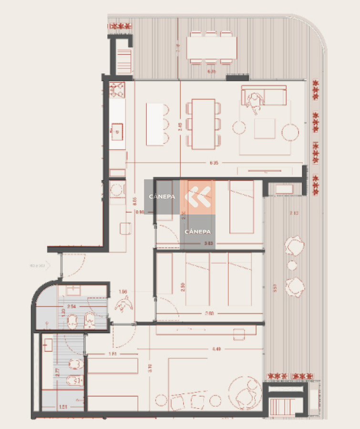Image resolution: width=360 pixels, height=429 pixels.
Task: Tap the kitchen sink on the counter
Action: (x=117, y=130)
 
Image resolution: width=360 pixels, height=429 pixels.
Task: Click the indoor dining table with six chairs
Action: (x=204, y=124)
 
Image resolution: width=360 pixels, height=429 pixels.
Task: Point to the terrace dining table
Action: (x=212, y=48)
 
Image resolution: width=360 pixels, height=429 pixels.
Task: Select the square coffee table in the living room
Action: (x=265, y=128)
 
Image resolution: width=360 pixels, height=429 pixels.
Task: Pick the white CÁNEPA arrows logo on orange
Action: (x=197, y=196)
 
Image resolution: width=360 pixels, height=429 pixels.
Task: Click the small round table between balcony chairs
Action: (x=292, y=265)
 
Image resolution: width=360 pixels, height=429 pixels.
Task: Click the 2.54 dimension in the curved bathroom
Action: (x=72, y=306)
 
